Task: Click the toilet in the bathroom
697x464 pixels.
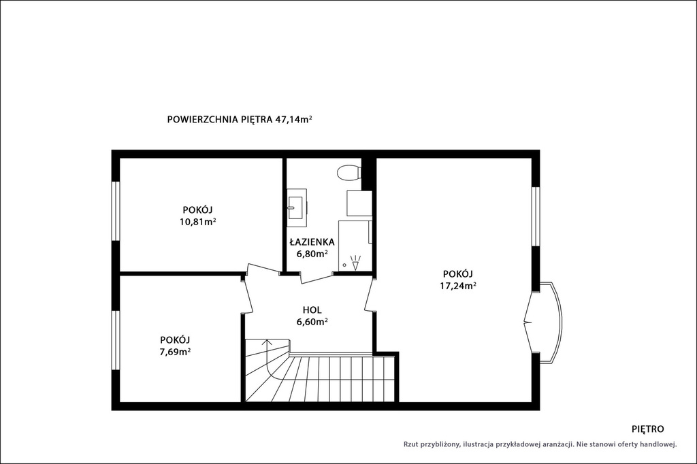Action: coord(349,173)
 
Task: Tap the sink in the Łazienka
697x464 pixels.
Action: coord(297,203)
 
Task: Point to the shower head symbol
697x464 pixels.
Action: coord(355,263)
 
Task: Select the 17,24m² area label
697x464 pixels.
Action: coord(458,286)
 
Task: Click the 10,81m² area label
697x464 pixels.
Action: coord(198,221)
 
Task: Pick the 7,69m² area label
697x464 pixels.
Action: coord(176,352)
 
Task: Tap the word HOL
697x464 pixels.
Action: coord(312,310)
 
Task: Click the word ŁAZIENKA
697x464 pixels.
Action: coord(312,242)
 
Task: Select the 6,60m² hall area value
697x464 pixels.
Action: coord(312,322)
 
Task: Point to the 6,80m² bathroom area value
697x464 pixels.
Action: coord(312,254)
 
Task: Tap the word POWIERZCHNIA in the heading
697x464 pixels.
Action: coord(202,120)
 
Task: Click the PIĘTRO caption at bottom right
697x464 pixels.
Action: coord(648,429)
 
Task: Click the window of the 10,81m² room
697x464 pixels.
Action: coord(116,211)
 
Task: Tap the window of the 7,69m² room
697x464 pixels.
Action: coord(116,340)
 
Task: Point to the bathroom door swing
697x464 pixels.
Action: coord(316,279)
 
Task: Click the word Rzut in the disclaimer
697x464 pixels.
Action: coord(411,444)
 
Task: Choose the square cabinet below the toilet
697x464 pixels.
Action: coord(359,203)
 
